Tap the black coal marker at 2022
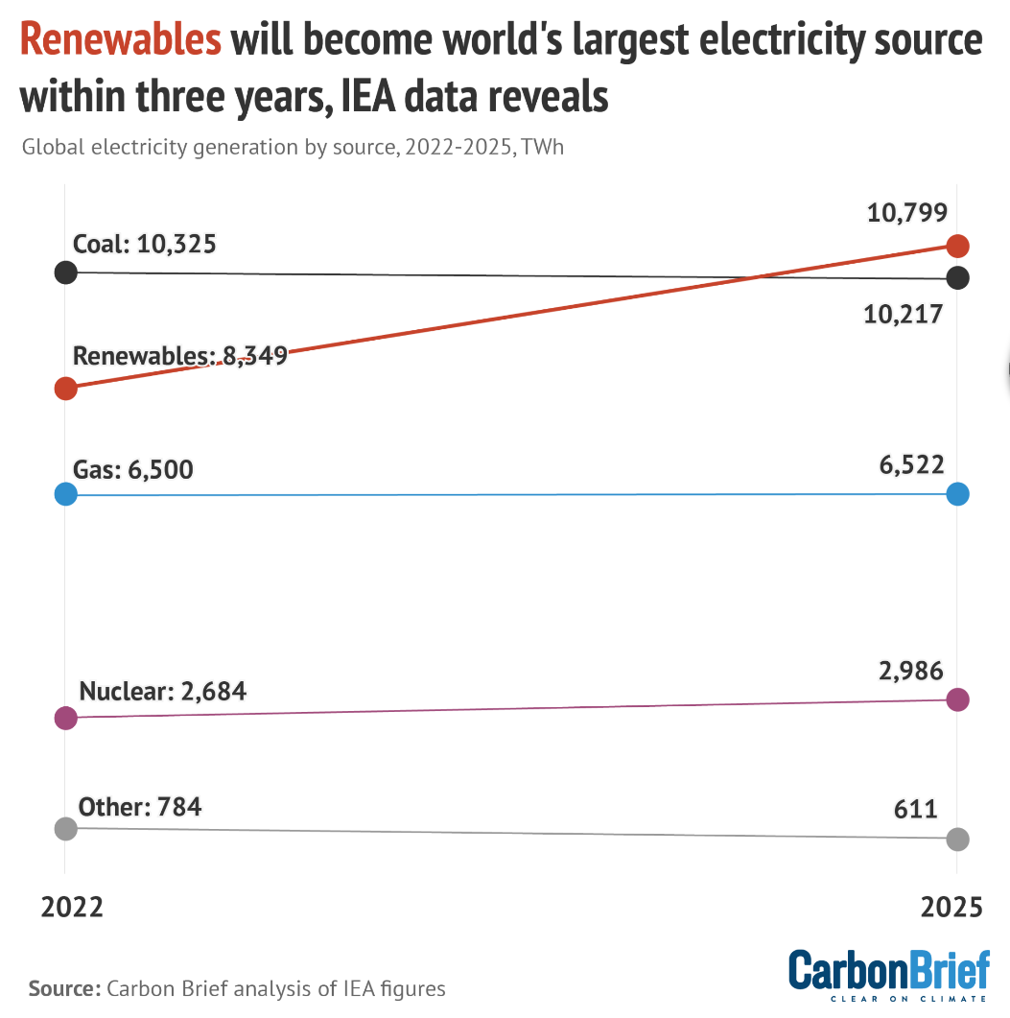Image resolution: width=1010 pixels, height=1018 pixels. [x=65, y=272]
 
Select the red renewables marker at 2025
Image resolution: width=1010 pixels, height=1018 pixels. [x=957, y=246]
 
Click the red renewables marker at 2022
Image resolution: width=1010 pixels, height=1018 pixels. [x=65, y=389]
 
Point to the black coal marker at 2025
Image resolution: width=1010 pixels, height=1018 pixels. [x=957, y=278]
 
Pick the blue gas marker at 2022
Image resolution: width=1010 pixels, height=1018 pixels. [x=65, y=495]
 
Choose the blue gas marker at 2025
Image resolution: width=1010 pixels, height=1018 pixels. [x=957, y=494]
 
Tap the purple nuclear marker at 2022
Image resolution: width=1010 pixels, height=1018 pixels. [x=65, y=718]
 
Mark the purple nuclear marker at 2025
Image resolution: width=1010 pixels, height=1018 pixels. [x=957, y=699]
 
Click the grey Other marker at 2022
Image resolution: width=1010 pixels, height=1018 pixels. [x=65, y=828]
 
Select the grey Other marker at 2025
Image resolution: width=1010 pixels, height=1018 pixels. [x=957, y=839]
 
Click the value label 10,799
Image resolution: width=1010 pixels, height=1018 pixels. [x=906, y=213]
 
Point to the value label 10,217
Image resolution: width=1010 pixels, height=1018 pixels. [x=904, y=315]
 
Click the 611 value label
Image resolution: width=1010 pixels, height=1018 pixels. [x=917, y=809]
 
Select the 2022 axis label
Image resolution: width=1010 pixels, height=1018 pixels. [x=72, y=908]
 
